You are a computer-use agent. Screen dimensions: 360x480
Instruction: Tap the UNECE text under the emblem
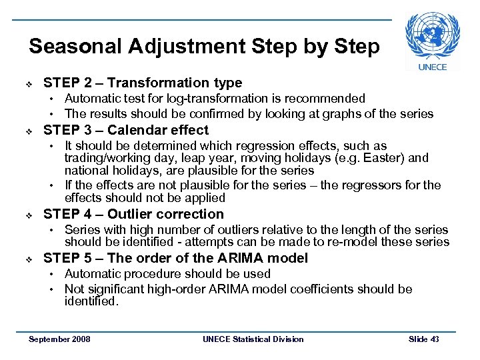click(x=433, y=67)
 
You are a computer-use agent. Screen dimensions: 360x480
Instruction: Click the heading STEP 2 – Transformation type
click(x=142, y=83)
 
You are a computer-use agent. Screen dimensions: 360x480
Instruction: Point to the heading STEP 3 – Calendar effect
click(x=125, y=130)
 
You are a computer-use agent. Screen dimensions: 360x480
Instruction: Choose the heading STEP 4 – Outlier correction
click(x=133, y=214)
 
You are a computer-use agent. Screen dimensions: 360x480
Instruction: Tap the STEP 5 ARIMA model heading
click(x=175, y=258)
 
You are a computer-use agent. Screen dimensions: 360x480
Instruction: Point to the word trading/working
click(x=103, y=159)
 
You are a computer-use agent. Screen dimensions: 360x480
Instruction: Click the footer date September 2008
click(x=59, y=339)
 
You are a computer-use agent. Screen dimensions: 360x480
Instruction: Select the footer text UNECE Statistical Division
click(x=253, y=339)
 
